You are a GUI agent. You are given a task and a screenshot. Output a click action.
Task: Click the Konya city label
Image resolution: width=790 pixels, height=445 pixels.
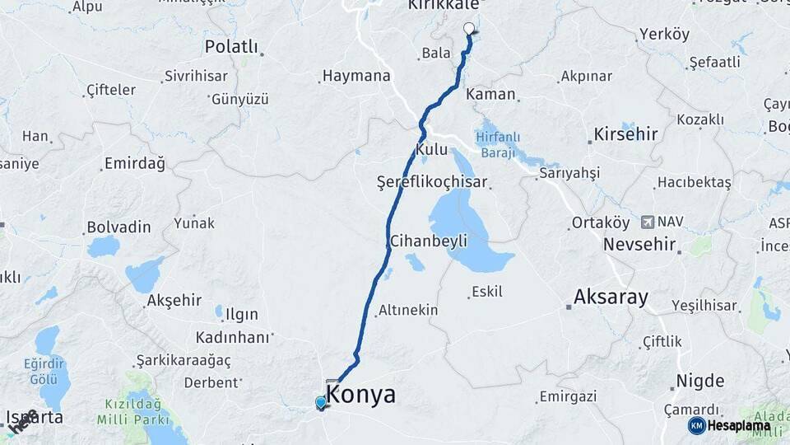361,395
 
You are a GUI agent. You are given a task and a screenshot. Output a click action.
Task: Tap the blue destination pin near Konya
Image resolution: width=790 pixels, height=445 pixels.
321,402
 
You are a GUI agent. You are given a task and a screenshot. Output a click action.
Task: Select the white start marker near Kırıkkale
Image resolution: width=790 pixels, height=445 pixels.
469,29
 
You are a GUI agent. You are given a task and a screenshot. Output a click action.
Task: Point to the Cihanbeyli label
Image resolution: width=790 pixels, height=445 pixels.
428,241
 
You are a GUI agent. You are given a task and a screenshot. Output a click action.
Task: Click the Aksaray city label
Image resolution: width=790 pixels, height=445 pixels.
611,297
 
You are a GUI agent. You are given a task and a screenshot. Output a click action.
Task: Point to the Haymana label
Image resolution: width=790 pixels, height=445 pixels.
356,76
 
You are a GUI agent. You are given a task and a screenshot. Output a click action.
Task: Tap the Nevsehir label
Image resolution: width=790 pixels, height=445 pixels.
639,245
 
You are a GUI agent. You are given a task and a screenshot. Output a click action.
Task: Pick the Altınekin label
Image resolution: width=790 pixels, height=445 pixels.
407,311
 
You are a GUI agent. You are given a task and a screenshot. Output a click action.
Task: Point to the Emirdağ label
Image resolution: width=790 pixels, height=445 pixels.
134,163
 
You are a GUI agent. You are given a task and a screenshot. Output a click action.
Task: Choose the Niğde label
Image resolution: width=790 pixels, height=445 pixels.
699,382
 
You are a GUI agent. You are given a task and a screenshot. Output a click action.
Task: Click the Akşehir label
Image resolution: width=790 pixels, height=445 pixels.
174,301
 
